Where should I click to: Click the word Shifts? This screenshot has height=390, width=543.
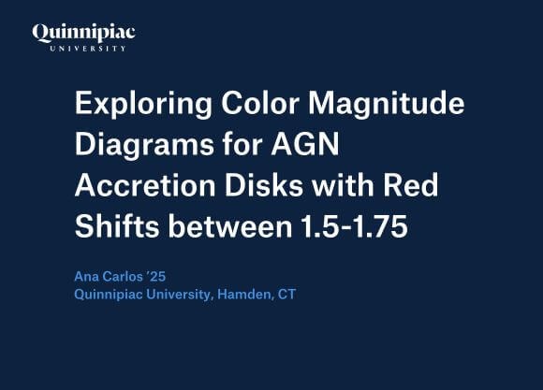(110, 227)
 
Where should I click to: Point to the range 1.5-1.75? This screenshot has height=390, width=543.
(352, 227)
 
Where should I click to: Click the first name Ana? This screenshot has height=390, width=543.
(87, 278)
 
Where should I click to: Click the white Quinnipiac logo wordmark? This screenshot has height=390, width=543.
(83, 33)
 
